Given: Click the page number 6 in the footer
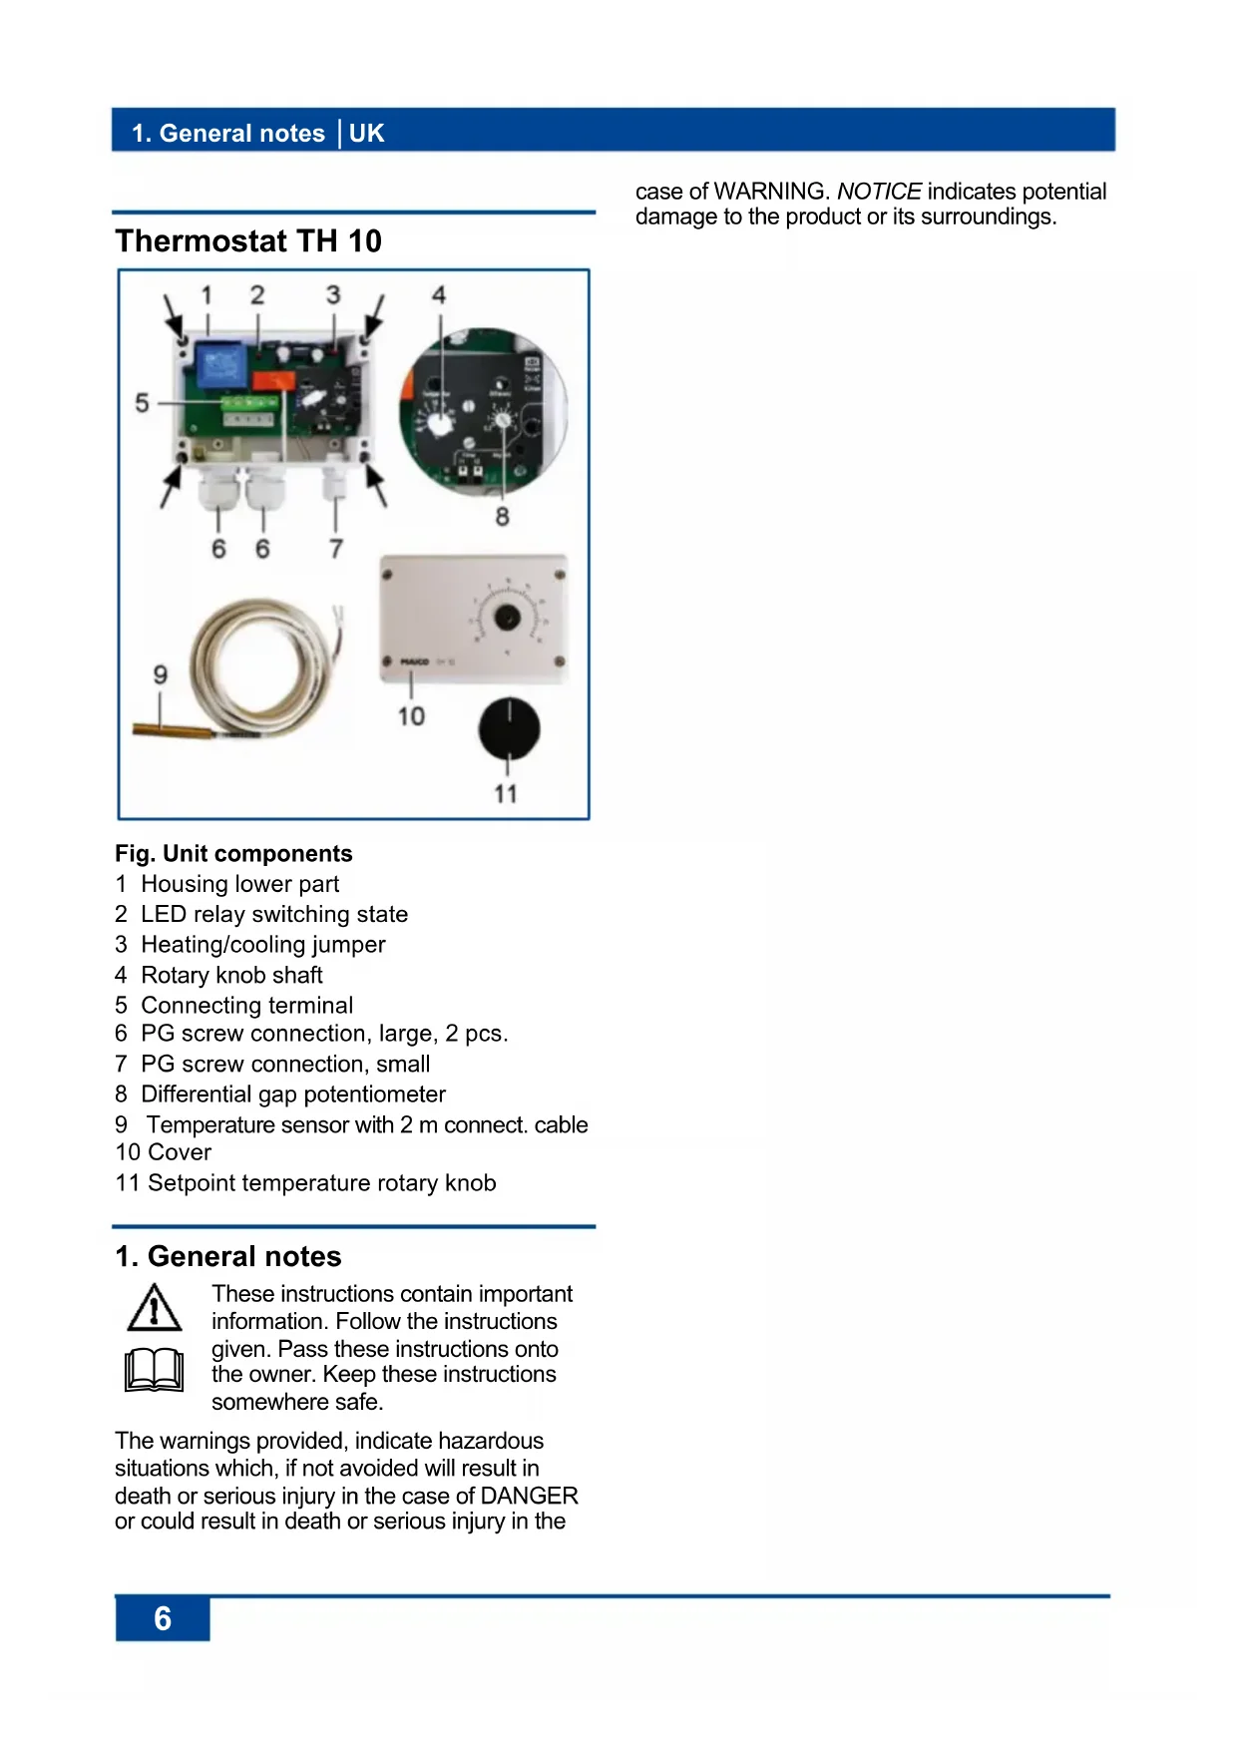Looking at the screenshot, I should [x=163, y=1617].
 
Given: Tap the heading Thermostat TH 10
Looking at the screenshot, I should [x=248, y=240].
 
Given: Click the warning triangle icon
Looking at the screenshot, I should [x=154, y=1308].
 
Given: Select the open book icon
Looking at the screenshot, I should [x=154, y=1369].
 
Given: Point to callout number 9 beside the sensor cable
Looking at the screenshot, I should [x=160, y=675].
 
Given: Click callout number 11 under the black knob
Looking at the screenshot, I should [x=506, y=794].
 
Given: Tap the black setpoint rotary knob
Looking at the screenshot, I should [x=509, y=728].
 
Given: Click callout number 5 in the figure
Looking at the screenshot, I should [x=142, y=403].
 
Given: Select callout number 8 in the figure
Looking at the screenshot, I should [x=502, y=517].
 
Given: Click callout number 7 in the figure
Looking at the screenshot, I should [x=336, y=549].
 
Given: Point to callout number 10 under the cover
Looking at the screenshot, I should [x=411, y=716].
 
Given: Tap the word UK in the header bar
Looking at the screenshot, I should [x=366, y=134].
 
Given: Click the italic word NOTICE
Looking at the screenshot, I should [x=879, y=192].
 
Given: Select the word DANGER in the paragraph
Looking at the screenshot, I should [x=529, y=1496].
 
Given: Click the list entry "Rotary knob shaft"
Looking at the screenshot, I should [x=231, y=975].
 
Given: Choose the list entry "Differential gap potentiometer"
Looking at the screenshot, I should [x=292, y=1094].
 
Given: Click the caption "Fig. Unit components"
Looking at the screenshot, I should [x=233, y=854].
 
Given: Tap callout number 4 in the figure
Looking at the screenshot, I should [x=438, y=295].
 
